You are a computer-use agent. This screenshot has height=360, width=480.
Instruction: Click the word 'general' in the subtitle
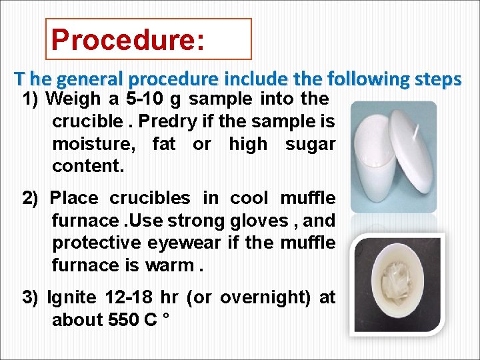(88, 79)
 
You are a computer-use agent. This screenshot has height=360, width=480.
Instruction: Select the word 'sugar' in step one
(310, 144)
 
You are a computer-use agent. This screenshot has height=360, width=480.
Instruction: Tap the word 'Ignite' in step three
(67, 297)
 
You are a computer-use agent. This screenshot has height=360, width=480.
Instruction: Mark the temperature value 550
(123, 320)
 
